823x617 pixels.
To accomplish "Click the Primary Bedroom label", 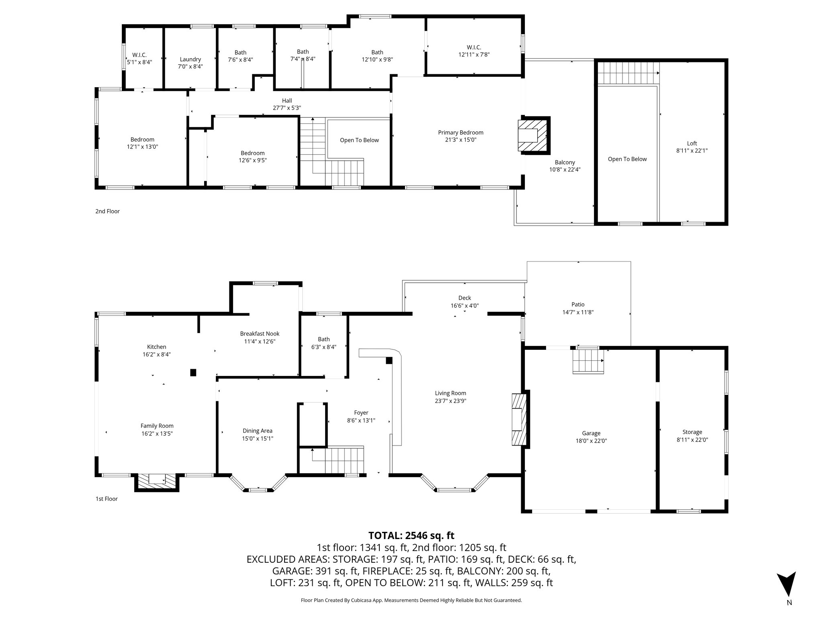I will pos(461,133).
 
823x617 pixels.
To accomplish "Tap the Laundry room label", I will pos(190,59).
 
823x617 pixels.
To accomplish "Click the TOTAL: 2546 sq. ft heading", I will pos(411,535).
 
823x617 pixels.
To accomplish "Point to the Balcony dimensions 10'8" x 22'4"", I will pos(565,170).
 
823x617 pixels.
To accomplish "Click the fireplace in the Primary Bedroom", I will pos(533,135).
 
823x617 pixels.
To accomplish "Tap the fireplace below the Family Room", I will pos(156,481).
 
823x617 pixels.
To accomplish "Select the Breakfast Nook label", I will pos(260,334).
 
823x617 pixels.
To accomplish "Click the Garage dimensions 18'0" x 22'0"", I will pos(591,441).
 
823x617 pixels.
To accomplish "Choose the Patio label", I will pos(578,304).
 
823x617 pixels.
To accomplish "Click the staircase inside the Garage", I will pos(588,360).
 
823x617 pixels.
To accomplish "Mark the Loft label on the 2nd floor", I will pos(692,143).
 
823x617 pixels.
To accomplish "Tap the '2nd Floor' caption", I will pos(107,211).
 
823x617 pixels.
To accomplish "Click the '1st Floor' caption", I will pos(106,499).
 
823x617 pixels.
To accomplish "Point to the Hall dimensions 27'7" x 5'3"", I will pos(287,108).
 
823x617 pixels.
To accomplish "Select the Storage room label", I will pos(692,432).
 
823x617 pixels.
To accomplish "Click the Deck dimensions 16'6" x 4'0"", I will pos(464,305).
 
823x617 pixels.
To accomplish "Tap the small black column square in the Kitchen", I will pos(193,372).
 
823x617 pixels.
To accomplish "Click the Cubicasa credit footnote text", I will pos(411,601).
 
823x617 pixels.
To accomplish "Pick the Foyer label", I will pos(361,413).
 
